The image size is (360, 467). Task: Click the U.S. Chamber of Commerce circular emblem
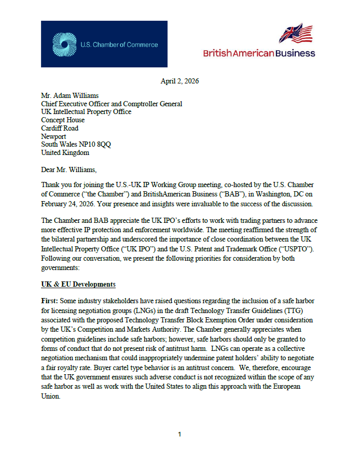pos(65,45)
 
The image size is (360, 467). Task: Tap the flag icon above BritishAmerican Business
pos(296,34)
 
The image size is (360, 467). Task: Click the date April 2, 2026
pos(180,81)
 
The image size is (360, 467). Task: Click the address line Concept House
pos(63,120)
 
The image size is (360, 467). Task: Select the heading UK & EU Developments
pos(78,285)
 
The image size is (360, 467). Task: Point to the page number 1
pos(179,434)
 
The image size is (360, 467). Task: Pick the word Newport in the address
pos(54,136)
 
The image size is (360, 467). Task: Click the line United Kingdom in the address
pos(65,153)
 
